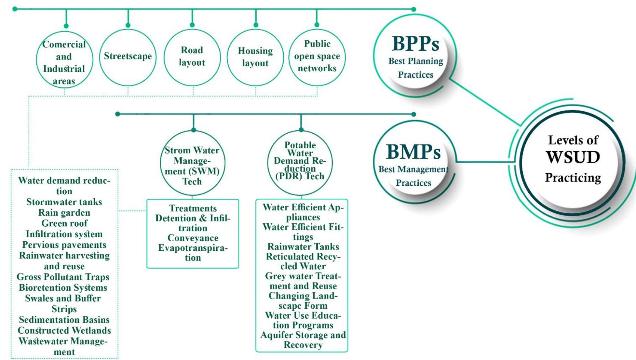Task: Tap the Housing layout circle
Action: [255, 57]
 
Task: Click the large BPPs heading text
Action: [415, 44]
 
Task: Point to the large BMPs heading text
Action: [413, 152]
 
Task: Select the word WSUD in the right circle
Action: [573, 158]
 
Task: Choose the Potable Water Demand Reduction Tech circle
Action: [300, 161]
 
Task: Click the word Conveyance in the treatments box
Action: [193, 238]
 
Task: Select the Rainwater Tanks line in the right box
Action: [303, 247]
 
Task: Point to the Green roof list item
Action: [64, 223]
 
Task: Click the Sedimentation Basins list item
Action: [64, 320]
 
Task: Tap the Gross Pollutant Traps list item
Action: [63, 277]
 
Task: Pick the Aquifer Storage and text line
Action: [303, 335]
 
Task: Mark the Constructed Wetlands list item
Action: [64, 330]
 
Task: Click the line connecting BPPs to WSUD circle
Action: [485, 102]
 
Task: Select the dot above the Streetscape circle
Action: [128, 25]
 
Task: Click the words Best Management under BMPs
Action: [413, 169]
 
